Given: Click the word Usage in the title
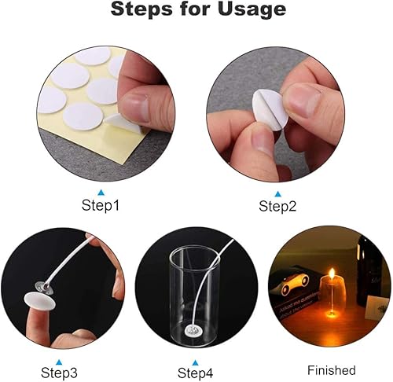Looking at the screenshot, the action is click(252, 9).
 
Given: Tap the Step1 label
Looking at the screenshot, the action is click(101, 206).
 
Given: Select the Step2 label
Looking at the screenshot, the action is click(277, 206).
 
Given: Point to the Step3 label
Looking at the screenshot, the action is click(59, 373).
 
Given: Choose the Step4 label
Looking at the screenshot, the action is click(195, 373).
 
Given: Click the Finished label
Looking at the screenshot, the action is click(332, 370).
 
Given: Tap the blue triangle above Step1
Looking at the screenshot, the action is click(101, 193).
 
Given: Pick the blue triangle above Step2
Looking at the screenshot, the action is click(277, 194).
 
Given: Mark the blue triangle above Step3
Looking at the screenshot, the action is click(60, 362).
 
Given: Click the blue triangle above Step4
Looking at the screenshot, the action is click(195, 363).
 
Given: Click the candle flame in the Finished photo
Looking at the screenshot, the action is click(332, 273).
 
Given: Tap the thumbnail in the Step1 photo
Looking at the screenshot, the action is click(136, 105).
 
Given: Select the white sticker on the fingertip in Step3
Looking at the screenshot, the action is click(39, 301).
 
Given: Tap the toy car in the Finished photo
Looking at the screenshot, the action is click(295, 285).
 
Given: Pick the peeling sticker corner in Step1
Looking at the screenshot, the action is click(116, 121).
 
